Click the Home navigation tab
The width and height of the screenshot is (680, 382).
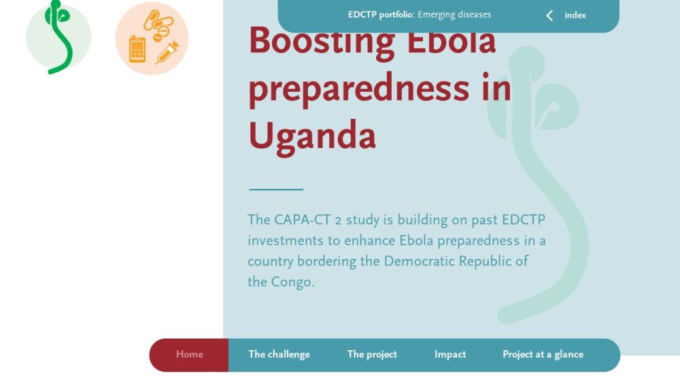[x=189, y=354]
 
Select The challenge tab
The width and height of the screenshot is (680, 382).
[x=279, y=354]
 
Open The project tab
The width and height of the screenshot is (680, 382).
[x=372, y=354]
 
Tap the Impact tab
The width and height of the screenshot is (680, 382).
[x=450, y=354]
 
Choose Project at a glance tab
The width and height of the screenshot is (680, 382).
[x=543, y=354]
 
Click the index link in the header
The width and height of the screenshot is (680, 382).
[x=575, y=15]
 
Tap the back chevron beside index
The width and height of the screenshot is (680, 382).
[x=550, y=16]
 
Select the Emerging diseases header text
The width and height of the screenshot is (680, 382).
[x=455, y=15]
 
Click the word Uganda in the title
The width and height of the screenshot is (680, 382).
[x=312, y=136]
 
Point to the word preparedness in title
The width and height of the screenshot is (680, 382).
[x=358, y=89]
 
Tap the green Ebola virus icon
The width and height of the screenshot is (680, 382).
[x=59, y=37]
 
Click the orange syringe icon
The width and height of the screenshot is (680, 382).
[x=167, y=52]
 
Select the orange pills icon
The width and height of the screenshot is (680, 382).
[x=158, y=25]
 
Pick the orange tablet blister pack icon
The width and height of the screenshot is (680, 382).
[x=137, y=50]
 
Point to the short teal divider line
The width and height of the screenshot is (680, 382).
[x=276, y=190]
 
